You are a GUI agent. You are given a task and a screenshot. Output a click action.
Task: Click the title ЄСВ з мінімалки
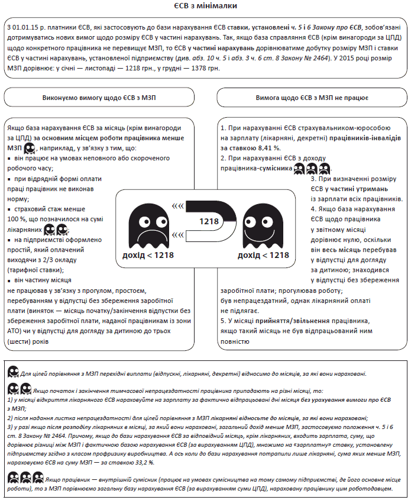[206, 7]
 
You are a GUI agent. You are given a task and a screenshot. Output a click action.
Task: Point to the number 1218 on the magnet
[209, 221]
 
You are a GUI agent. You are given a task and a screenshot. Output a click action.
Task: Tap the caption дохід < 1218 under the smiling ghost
[263, 255]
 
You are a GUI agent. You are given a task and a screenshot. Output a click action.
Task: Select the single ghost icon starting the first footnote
[12, 372]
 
